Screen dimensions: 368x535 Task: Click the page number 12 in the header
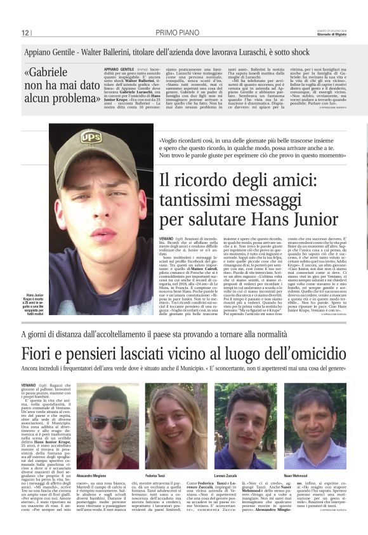click(x=25, y=32)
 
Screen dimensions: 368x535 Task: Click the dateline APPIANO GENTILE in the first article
click(x=119, y=69)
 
